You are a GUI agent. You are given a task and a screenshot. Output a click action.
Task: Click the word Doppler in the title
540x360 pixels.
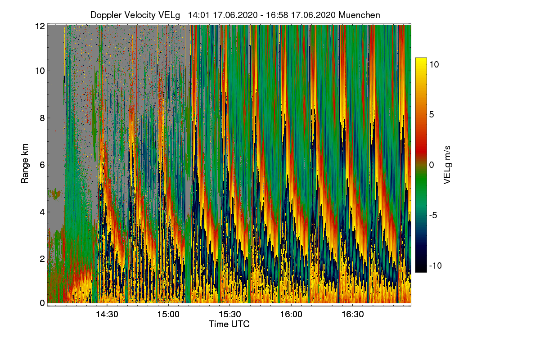[x=106, y=15]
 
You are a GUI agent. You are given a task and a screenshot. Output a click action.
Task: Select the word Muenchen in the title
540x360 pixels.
[x=359, y=15]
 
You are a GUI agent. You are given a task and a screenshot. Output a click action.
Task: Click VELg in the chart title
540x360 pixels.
[x=169, y=15]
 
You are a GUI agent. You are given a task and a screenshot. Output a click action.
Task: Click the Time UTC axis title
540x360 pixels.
[x=229, y=324]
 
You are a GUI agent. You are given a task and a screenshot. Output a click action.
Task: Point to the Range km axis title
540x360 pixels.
[x=25, y=164]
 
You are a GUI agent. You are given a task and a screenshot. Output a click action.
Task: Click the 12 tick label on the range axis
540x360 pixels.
[x=40, y=26]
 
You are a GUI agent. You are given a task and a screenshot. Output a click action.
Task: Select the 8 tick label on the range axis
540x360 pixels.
[x=42, y=118]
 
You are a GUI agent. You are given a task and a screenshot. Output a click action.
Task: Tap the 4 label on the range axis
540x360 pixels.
[x=42, y=211]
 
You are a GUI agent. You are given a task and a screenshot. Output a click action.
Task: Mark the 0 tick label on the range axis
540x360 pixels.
[x=42, y=303]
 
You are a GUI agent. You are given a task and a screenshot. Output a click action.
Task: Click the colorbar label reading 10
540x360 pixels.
[x=434, y=64]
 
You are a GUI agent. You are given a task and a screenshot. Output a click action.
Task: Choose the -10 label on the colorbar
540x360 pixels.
[x=435, y=265]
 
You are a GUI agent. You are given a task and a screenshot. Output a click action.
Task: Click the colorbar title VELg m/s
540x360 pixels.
[x=447, y=164]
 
